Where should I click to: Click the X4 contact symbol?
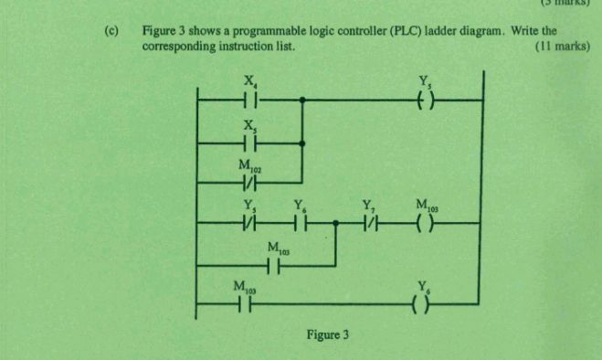pyautogui.click(x=249, y=100)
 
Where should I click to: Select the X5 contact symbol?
pyautogui.click(x=249, y=143)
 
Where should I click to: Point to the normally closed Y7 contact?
pyautogui.click(x=369, y=222)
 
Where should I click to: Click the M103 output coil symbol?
pyautogui.click(x=424, y=222)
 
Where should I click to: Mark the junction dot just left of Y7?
pyautogui.click(x=337, y=222)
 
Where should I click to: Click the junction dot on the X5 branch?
pyautogui.click(x=302, y=143)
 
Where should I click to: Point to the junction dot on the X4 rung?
pyautogui.click(x=302, y=100)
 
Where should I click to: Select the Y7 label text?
pyautogui.click(x=368, y=206)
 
